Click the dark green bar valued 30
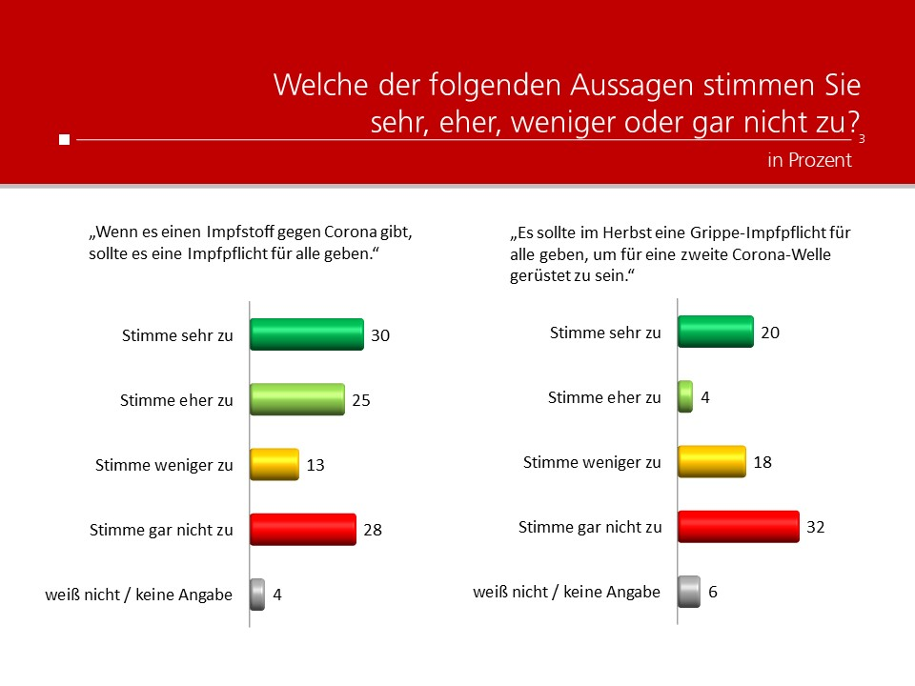click(x=306, y=334)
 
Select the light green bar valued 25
click(x=296, y=400)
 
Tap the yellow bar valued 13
click(x=274, y=465)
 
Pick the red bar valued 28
click(x=302, y=529)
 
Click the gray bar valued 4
click(x=257, y=594)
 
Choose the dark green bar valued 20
click(x=715, y=333)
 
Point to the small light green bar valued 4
click(x=684, y=396)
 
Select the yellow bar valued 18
click(x=711, y=462)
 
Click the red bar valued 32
click(x=738, y=526)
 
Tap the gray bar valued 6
click(x=688, y=591)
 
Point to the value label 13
click(x=315, y=465)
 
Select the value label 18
click(x=762, y=462)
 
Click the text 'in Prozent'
click(x=809, y=160)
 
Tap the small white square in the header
click(x=64, y=140)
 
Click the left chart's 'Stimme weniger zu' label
click(x=164, y=465)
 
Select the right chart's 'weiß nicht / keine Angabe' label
click(x=566, y=592)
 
